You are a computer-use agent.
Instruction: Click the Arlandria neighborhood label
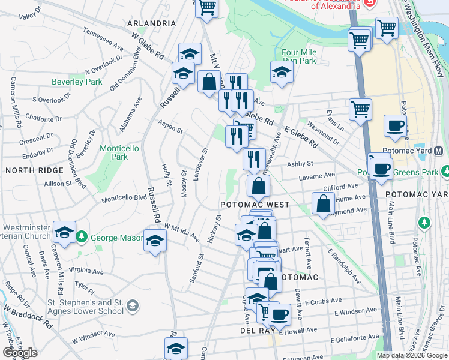(x=151, y=23)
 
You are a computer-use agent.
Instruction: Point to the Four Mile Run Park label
(x=298, y=56)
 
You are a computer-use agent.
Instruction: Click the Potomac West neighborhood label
(x=255, y=205)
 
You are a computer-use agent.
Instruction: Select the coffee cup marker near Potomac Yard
(x=395, y=126)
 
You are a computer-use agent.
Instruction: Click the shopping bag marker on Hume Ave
(x=323, y=203)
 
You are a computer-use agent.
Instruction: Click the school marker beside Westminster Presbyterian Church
(x=64, y=232)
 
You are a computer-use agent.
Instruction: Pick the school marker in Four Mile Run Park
(x=281, y=72)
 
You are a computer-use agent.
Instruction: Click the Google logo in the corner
(x=20, y=353)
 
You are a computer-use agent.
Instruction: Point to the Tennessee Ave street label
(x=103, y=38)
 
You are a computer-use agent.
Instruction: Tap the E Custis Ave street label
(x=324, y=301)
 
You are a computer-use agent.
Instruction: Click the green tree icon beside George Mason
(x=82, y=238)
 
